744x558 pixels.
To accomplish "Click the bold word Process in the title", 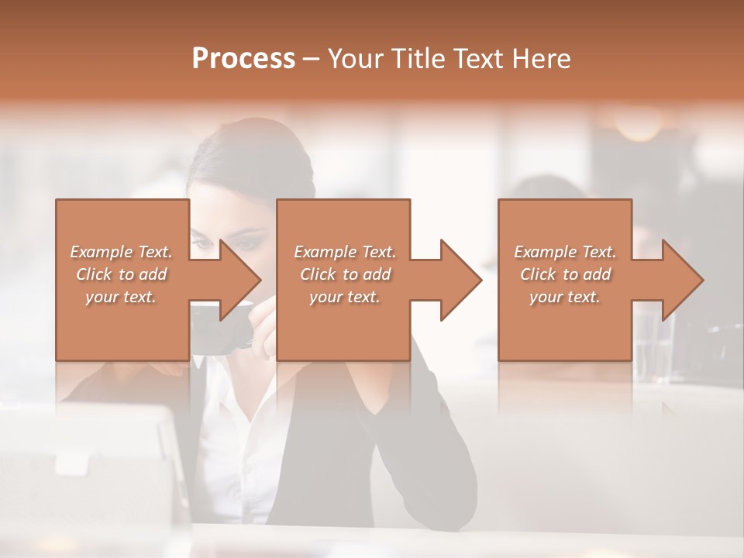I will [x=243, y=59].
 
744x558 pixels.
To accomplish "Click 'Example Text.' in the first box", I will [x=122, y=252].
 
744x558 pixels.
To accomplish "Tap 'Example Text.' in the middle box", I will [x=345, y=252].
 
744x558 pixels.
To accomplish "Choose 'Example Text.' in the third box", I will [x=565, y=252].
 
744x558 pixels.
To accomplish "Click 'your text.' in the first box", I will [x=122, y=297].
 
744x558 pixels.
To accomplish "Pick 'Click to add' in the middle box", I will [x=345, y=274].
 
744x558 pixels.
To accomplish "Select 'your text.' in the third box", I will [x=565, y=297].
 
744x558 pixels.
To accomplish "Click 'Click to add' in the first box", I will [x=122, y=274].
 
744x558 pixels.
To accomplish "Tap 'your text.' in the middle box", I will [x=345, y=297].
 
